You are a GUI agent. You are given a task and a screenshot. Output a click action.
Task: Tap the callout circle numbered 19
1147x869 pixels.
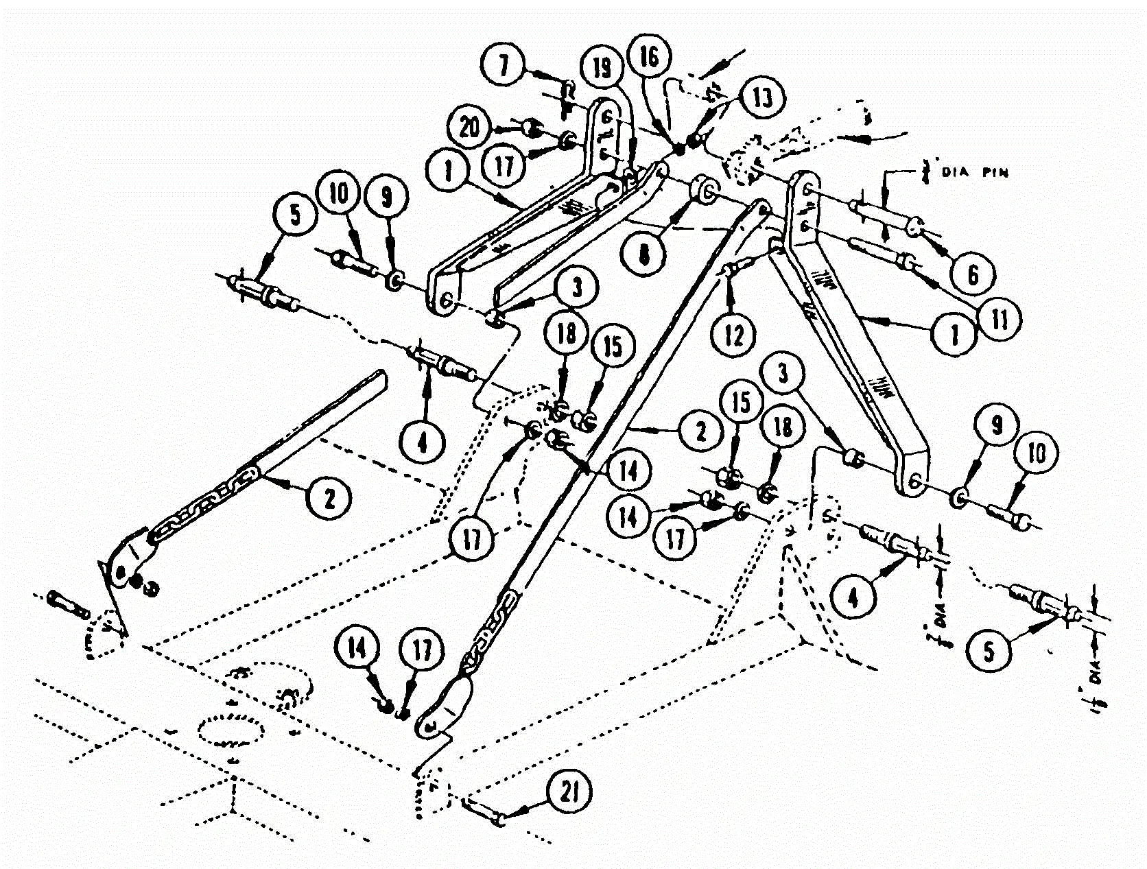pyautogui.click(x=603, y=70)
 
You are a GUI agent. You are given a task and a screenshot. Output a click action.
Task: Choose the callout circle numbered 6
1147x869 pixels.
pyautogui.click(x=973, y=274)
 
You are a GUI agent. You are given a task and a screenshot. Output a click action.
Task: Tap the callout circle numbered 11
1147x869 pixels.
pyautogui.click(x=1001, y=320)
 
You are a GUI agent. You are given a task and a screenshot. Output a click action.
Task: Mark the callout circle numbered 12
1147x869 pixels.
pyautogui.click(x=734, y=335)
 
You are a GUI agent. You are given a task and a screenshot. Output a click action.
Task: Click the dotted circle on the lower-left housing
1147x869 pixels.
pyautogui.click(x=231, y=729)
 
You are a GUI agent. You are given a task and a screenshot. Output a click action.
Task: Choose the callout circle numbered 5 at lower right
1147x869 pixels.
pyautogui.click(x=989, y=652)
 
